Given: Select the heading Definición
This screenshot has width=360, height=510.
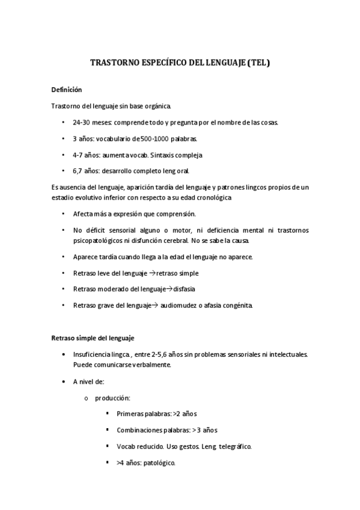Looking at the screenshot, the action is [x=66, y=90].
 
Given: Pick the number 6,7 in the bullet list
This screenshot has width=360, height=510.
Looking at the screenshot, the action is [x=79, y=171].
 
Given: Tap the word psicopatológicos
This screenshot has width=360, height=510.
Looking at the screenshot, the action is [x=100, y=241].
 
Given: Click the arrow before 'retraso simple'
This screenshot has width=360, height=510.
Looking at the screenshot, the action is [x=151, y=273].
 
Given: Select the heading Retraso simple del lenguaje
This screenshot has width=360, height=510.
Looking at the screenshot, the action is [x=93, y=338].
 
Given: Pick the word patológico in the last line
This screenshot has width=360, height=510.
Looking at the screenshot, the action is [x=159, y=463].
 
